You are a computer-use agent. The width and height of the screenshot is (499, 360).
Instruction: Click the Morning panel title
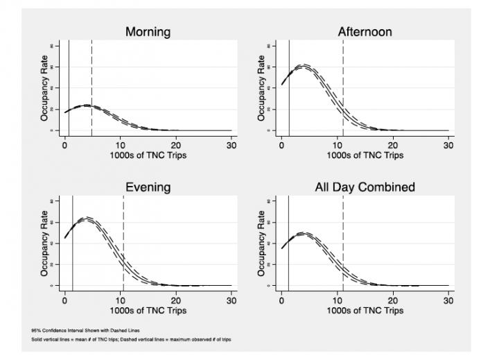148,32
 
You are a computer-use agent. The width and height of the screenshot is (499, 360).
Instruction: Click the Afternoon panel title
365,32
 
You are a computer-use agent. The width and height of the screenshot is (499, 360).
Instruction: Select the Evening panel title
148,187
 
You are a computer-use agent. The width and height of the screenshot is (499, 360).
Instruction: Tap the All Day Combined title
365,187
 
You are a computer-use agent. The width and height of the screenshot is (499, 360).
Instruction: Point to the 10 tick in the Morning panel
120,146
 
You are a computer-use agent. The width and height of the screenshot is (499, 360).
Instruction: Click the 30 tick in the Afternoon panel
448,146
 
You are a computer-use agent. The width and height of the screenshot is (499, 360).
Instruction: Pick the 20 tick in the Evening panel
176,301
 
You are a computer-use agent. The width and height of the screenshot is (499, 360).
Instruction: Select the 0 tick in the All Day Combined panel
281,301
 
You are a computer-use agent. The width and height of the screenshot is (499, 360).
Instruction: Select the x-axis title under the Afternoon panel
365,155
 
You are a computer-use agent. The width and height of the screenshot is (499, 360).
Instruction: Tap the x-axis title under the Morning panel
148,155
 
